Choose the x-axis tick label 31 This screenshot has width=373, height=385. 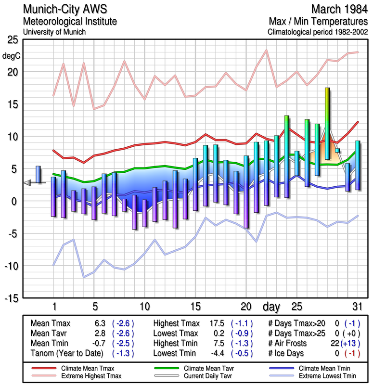pyautogui.click(x=357, y=306)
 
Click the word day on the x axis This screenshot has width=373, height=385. pyautogui.click(x=271, y=306)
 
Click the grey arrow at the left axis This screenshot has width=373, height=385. pyautogui.click(x=27, y=182)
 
